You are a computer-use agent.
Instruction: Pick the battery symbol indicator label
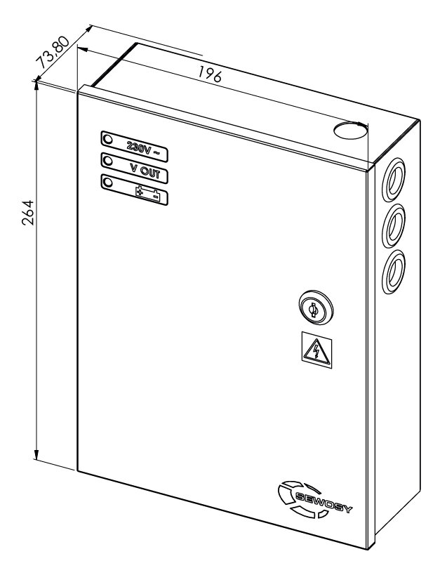tap(147, 192)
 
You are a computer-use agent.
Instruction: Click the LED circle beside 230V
tap(109, 138)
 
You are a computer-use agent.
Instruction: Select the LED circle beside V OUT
tap(109, 160)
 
